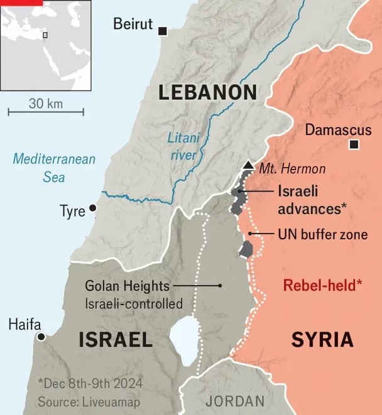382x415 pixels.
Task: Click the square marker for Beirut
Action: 163,31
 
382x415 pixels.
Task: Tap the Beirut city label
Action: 133,24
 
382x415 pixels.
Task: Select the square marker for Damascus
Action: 354,145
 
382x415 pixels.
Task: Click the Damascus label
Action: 333,130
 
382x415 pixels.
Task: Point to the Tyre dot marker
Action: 93,208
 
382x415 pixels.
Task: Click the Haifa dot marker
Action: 41,337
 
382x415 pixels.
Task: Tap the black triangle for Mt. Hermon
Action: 248,165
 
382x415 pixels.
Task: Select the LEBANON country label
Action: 207,93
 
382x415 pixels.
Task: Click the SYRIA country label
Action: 322,340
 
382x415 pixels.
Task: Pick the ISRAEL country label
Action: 116,340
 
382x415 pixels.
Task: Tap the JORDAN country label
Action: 235,401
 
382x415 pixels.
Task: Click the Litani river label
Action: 182,146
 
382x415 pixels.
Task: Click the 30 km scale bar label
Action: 46,104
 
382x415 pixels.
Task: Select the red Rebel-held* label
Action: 322,285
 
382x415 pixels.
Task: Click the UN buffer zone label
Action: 322,234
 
